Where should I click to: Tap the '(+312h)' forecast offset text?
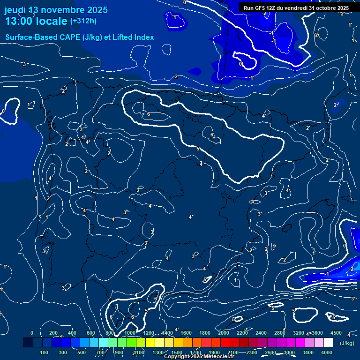[83, 21]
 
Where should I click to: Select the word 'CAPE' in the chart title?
[69, 37]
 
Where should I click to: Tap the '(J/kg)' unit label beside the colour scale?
[347, 343]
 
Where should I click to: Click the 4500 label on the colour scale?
[336, 333]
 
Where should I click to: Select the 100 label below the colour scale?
[45, 352]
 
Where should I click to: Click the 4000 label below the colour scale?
[327, 352]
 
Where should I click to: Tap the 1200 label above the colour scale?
[148, 333]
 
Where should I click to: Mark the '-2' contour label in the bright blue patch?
[351, 269]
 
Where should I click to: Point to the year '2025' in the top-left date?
[97, 10]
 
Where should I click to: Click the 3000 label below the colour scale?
[289, 352]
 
